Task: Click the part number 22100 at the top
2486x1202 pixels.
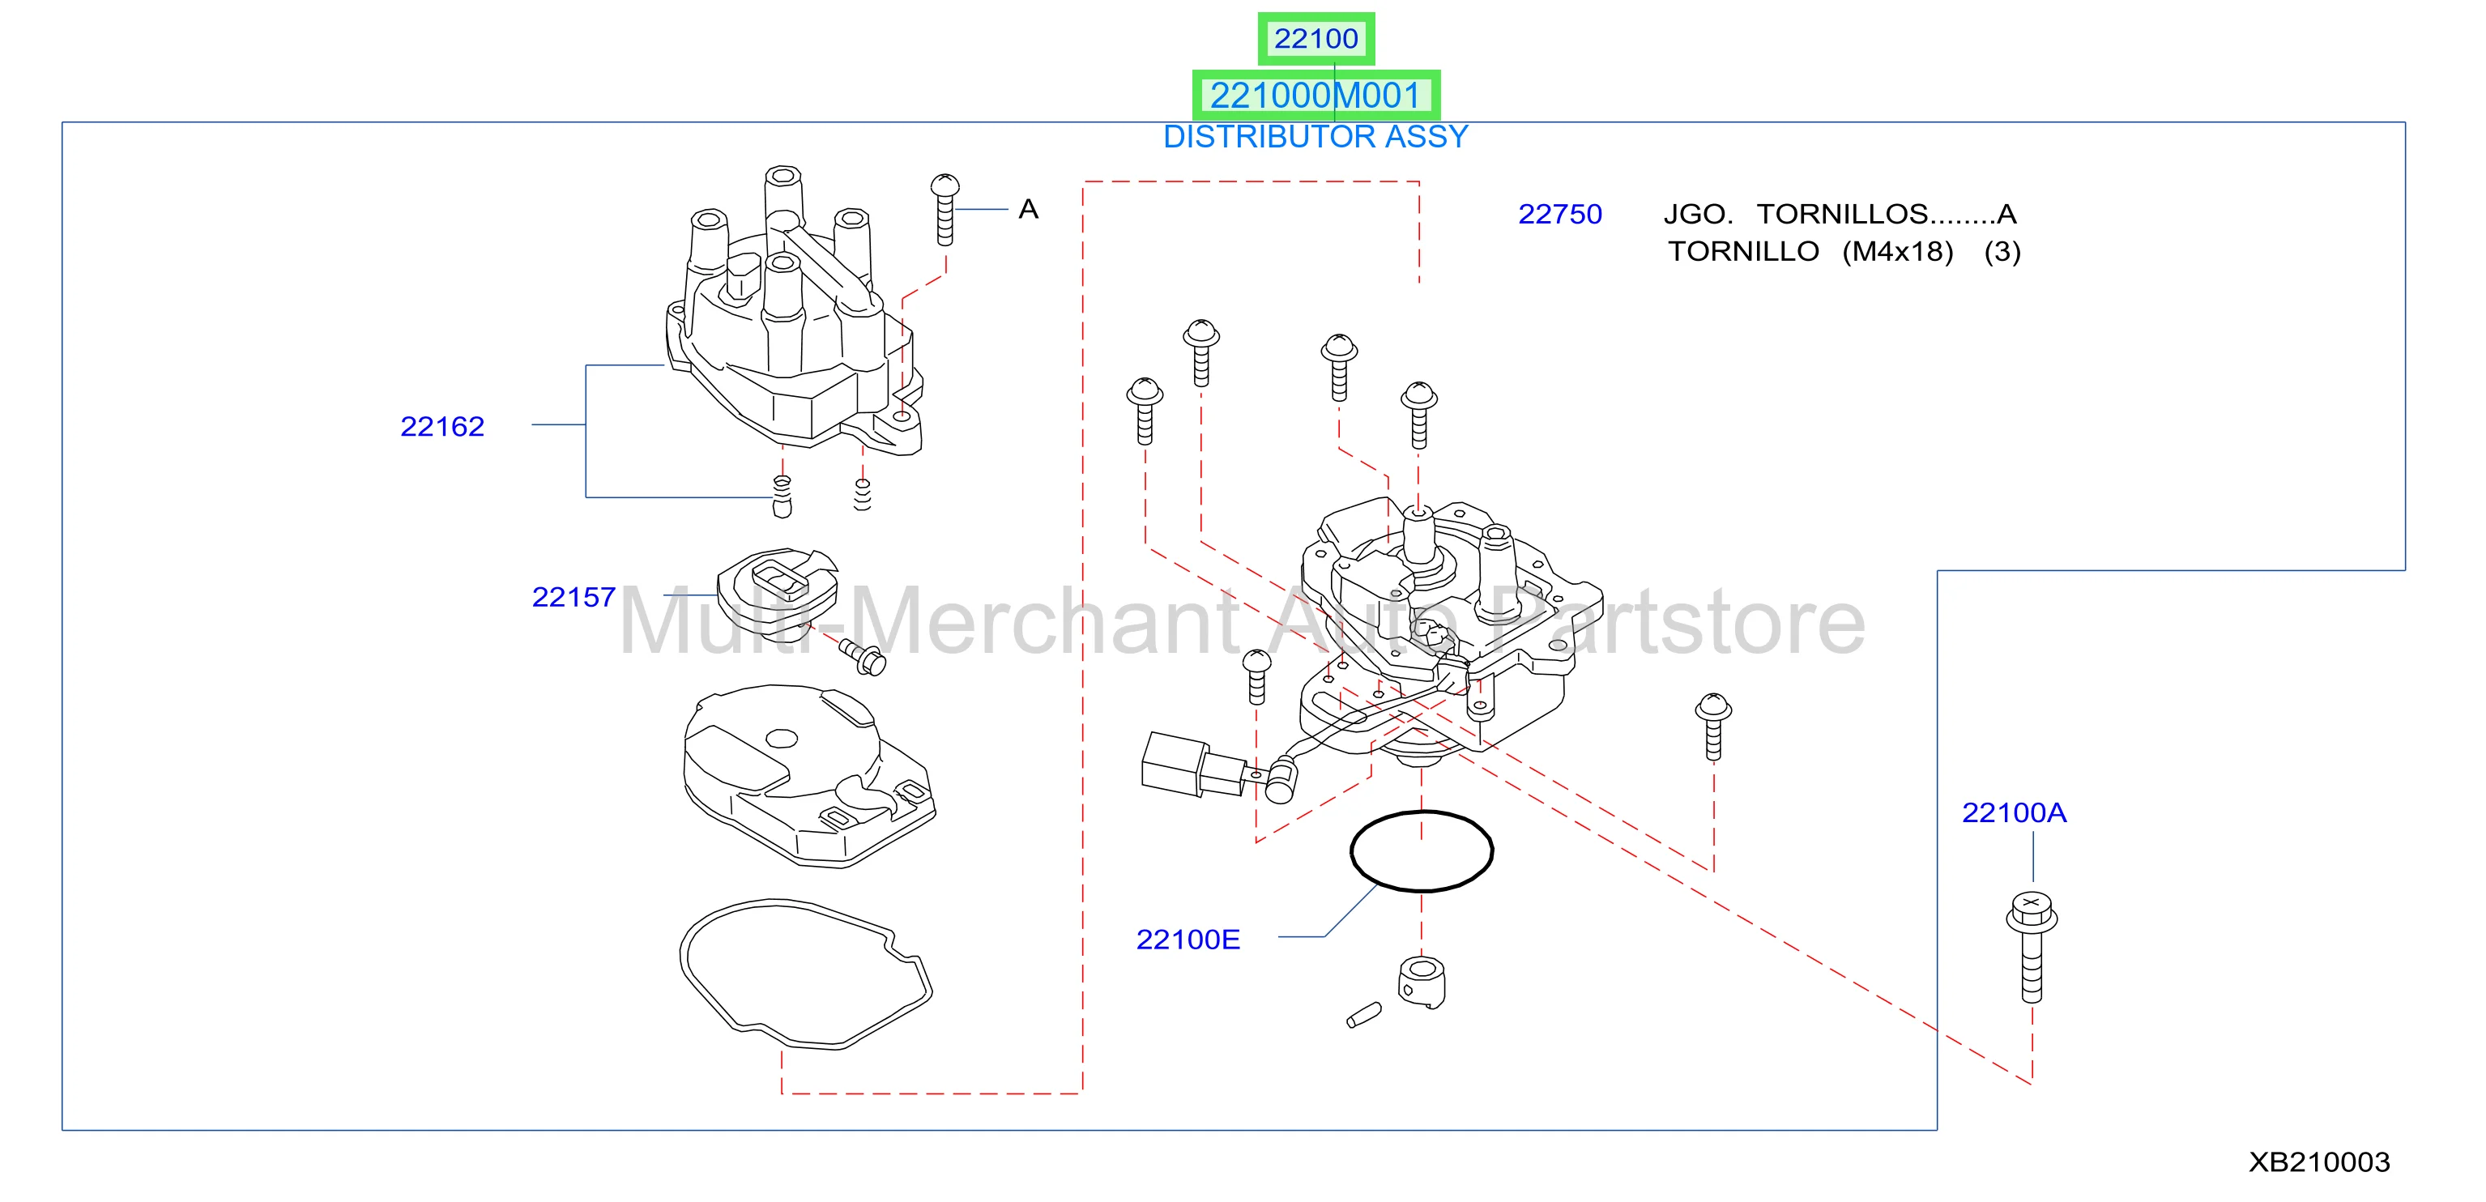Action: click(1315, 39)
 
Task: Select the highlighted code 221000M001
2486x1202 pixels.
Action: click(1315, 96)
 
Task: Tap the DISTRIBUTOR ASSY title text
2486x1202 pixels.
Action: click(1315, 137)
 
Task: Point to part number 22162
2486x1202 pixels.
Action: click(442, 426)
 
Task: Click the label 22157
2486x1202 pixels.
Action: click(574, 597)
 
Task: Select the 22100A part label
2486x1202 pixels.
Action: click(2014, 812)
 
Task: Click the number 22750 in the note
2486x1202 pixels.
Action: click(1559, 214)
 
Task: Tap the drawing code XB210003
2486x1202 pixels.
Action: click(2319, 1162)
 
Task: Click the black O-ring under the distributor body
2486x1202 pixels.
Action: click(1422, 813)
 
